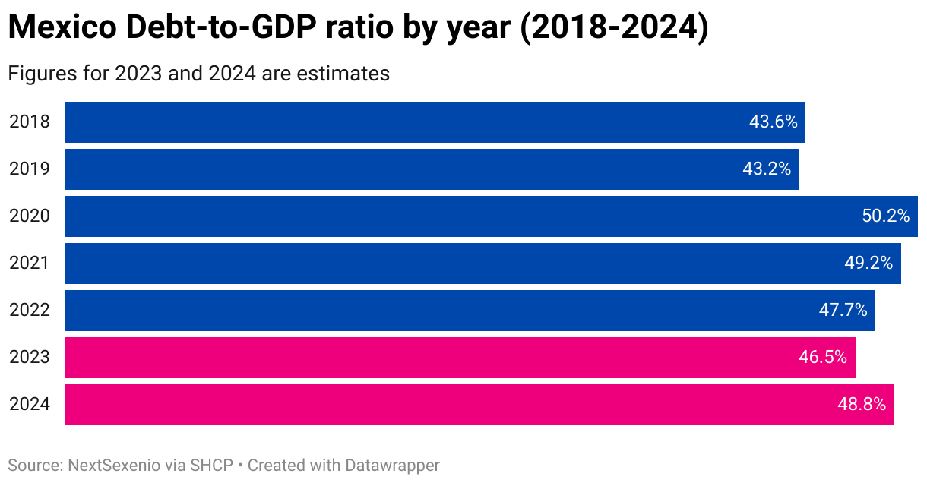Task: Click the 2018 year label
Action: [x=30, y=122]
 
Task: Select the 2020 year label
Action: [x=30, y=216]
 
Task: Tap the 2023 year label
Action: [x=30, y=357]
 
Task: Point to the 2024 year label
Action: [x=30, y=404]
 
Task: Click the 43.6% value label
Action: [x=773, y=122]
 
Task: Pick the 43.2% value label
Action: [x=767, y=169]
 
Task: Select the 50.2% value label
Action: [x=885, y=216]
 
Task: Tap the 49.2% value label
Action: [x=868, y=263]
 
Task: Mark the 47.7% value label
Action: [x=843, y=310]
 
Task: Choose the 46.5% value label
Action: [x=823, y=357]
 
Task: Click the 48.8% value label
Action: [x=862, y=404]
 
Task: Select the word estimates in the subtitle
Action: [x=343, y=74]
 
